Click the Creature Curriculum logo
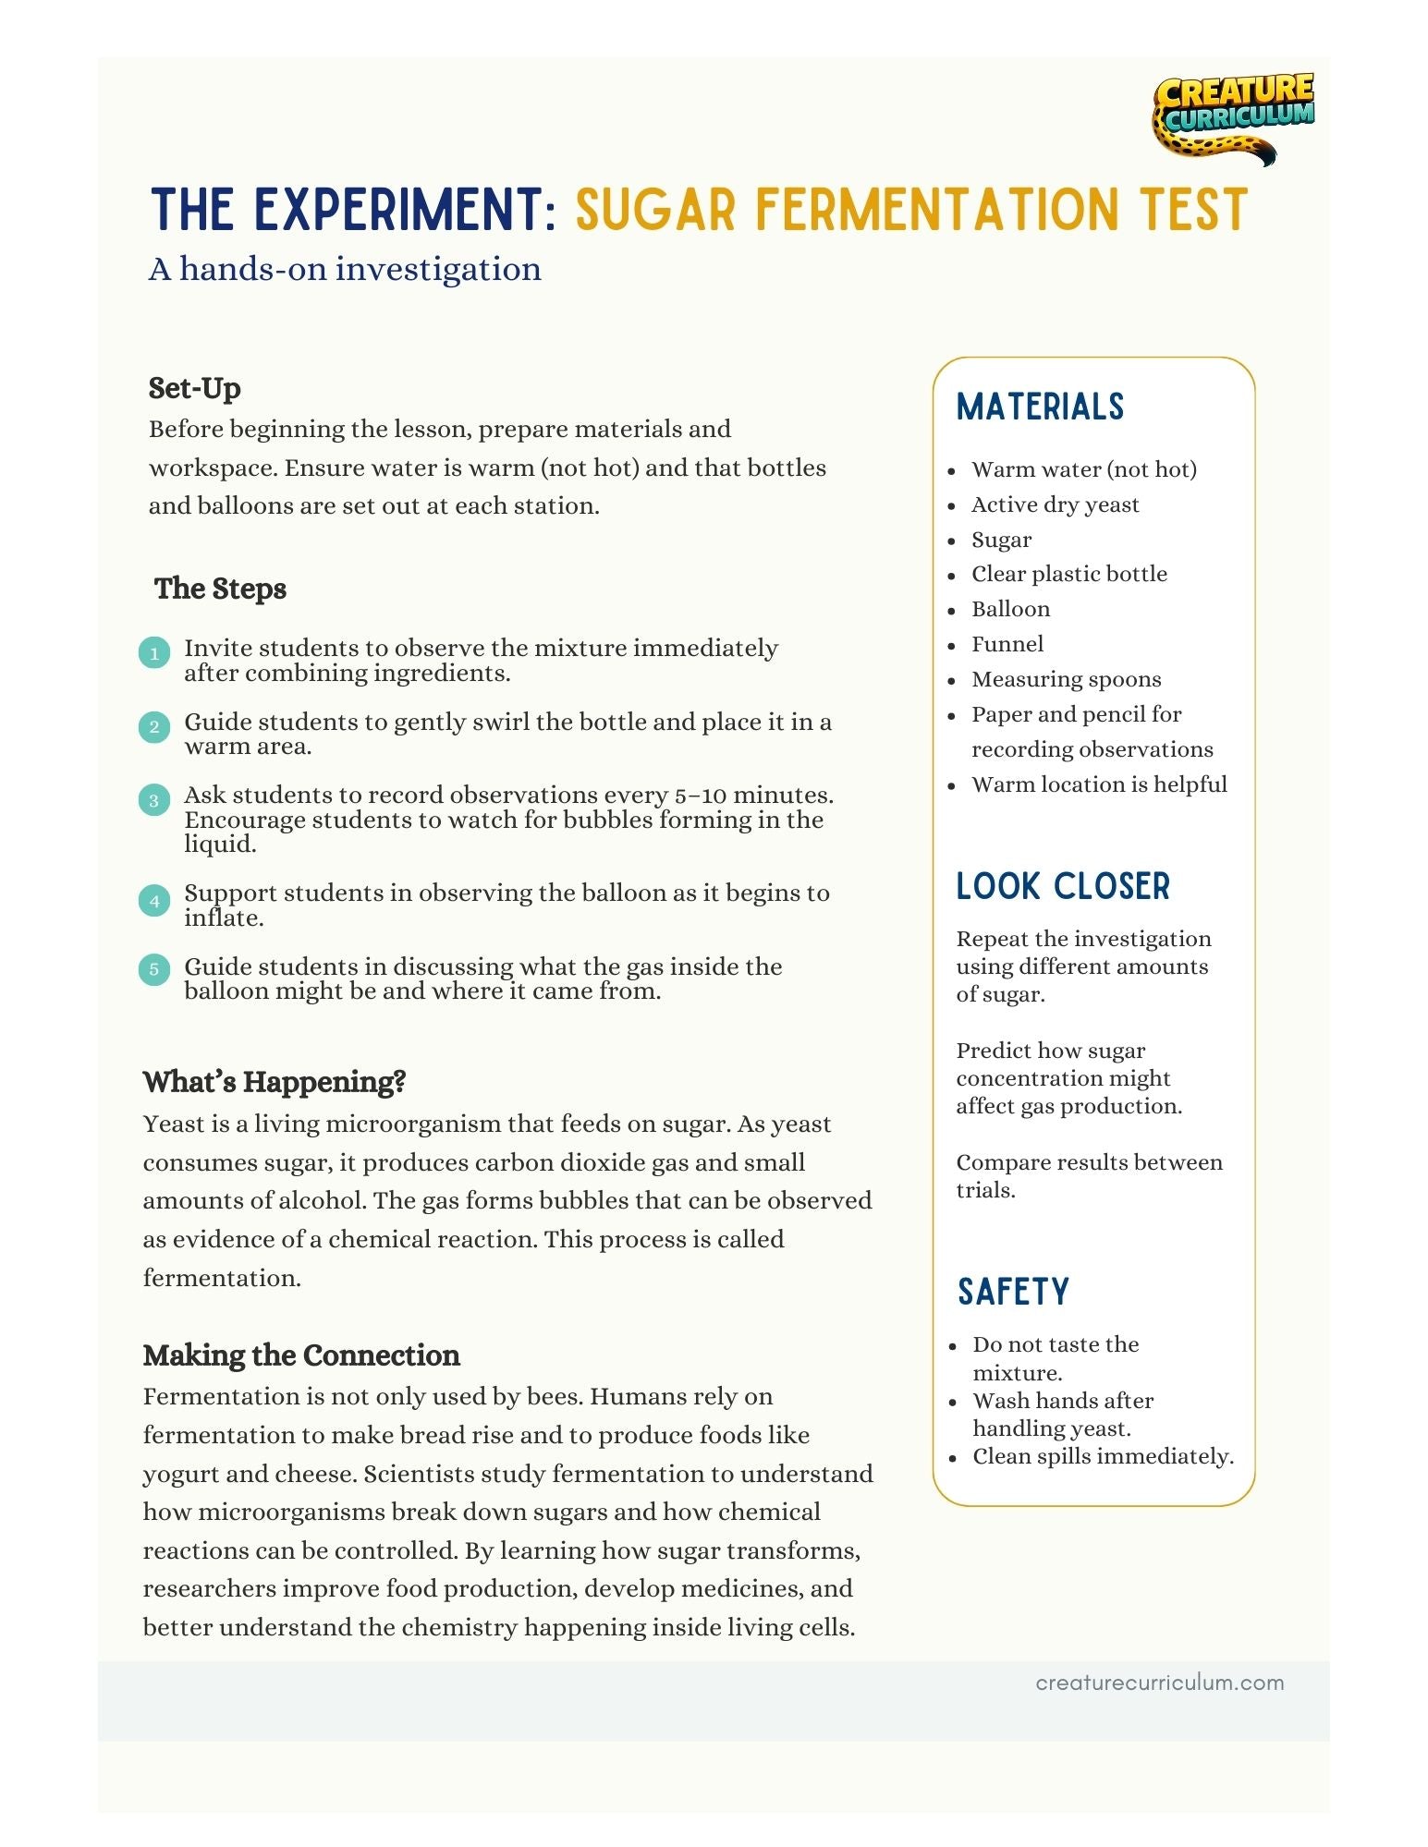(x=1231, y=116)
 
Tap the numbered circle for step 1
(x=154, y=653)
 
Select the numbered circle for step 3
(x=154, y=800)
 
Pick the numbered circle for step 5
(x=154, y=969)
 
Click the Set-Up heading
(x=195, y=388)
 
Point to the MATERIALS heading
(x=1040, y=407)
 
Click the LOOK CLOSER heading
(x=1063, y=886)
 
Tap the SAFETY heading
(x=1013, y=1292)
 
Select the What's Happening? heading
(x=275, y=1082)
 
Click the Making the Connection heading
(x=301, y=1355)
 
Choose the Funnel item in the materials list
(x=1007, y=644)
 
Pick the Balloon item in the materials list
(x=1010, y=609)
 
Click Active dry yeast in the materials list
(x=1055, y=504)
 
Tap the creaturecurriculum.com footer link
(x=1159, y=1683)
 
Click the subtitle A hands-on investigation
(x=345, y=269)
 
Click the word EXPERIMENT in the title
(x=398, y=210)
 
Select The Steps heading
(x=220, y=589)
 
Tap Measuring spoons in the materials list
(x=1066, y=679)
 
